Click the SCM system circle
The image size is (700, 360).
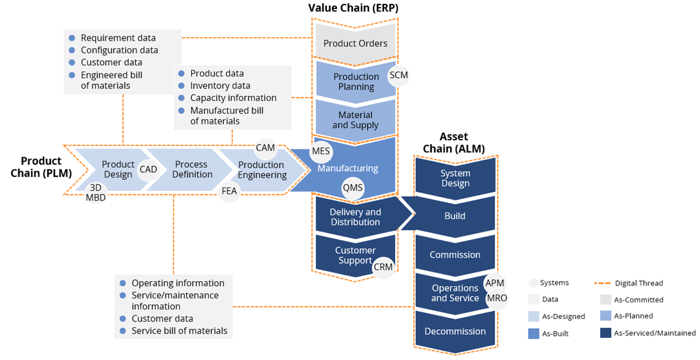click(399, 75)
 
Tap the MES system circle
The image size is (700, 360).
click(321, 152)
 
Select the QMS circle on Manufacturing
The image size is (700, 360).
click(353, 188)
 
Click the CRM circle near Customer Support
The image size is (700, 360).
click(383, 267)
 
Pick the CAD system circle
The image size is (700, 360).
click(148, 170)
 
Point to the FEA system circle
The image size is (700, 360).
click(229, 191)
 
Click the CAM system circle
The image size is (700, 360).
click(265, 148)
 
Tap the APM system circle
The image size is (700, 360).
click(495, 284)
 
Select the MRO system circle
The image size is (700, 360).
click(496, 298)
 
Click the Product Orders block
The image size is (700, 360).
click(355, 44)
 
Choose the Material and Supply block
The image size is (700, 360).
click(355, 120)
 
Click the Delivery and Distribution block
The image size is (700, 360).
click(355, 217)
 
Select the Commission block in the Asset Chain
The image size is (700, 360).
click(454, 255)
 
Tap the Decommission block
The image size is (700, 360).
click(454, 331)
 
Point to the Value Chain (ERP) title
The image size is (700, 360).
click(353, 8)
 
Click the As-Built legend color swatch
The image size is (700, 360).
click(534, 333)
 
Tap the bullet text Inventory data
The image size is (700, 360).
click(220, 86)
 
